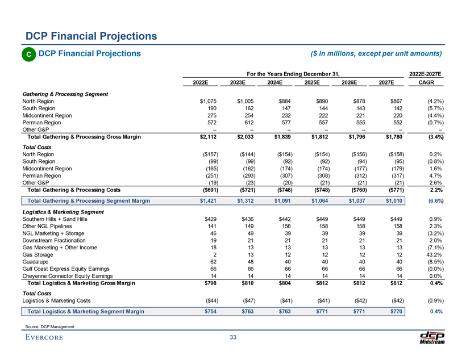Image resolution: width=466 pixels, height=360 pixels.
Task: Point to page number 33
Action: (x=232, y=338)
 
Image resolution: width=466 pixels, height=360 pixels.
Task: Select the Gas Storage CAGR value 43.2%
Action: (x=432, y=256)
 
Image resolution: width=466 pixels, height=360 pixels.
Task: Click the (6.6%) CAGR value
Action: (x=432, y=201)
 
